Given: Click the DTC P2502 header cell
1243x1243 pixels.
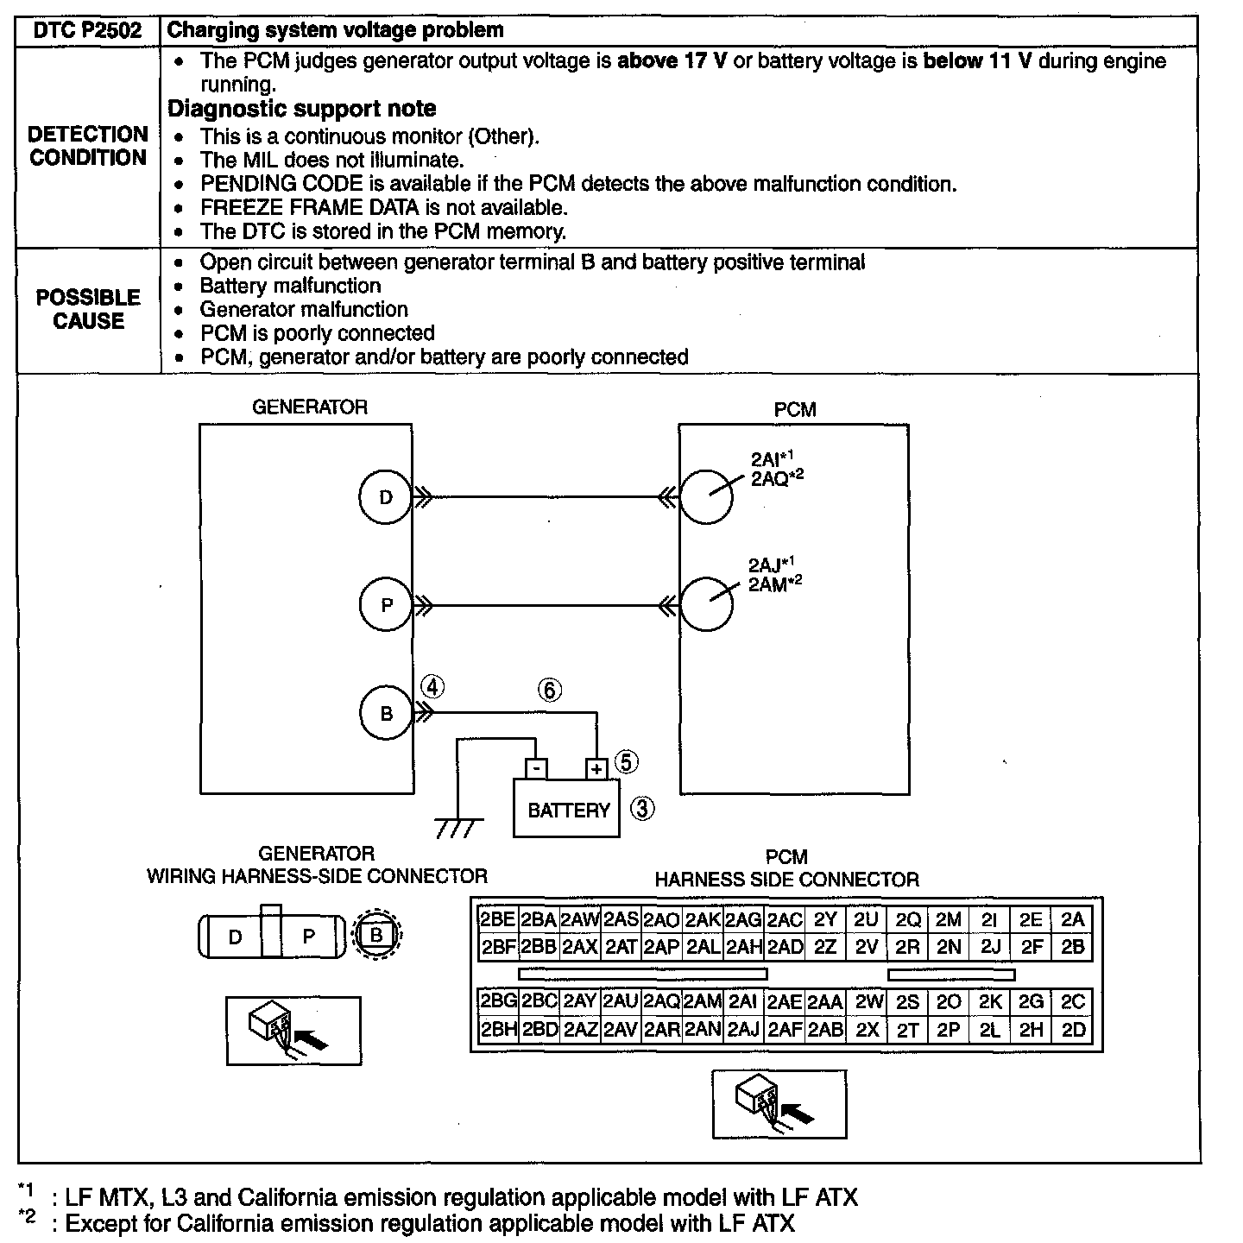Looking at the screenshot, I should [88, 30].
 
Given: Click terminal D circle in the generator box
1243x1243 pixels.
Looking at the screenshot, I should [386, 497].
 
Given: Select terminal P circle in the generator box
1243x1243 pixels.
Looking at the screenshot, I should [386, 605].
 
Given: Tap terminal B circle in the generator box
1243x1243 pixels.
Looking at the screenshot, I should [386, 714].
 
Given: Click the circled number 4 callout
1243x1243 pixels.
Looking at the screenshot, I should [432, 688].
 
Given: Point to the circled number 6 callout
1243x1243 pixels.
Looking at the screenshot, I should [550, 690].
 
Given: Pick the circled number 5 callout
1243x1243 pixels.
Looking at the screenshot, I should [627, 762].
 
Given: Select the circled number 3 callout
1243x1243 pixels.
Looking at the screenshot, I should [642, 809].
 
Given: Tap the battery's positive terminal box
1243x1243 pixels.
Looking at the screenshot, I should [596, 768].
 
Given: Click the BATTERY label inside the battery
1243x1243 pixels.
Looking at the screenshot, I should [569, 811].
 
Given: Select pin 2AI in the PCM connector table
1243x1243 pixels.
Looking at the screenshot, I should [743, 1001].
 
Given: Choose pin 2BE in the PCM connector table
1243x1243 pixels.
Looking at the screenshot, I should [497, 919].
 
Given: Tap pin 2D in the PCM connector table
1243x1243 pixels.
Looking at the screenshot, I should [1073, 1029].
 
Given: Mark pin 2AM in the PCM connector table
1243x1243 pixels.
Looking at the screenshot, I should [703, 1001].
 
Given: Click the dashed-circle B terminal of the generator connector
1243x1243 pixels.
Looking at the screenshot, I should [376, 935].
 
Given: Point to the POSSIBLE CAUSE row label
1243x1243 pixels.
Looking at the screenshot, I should [88, 309].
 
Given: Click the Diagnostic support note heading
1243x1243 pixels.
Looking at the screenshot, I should [301, 109].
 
